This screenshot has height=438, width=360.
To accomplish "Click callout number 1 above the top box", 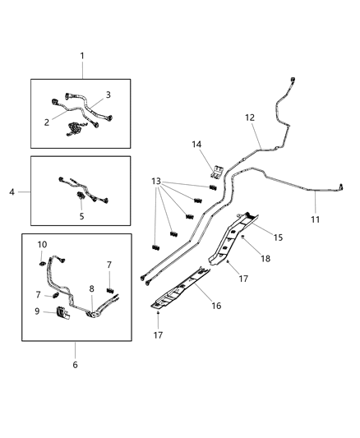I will pyautogui.click(x=81, y=55).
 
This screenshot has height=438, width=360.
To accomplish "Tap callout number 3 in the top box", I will pyautogui.click(x=107, y=95).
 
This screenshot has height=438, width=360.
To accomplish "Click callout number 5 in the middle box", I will pyautogui.click(x=81, y=216).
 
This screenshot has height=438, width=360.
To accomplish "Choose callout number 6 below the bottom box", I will pyautogui.click(x=75, y=364).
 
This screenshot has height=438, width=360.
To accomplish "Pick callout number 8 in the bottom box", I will pyautogui.click(x=91, y=289).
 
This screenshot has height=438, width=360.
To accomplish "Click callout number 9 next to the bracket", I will pyautogui.click(x=37, y=311).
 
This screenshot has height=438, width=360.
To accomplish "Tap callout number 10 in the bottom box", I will pyautogui.click(x=42, y=244).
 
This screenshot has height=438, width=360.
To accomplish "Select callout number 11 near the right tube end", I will pyautogui.click(x=316, y=219).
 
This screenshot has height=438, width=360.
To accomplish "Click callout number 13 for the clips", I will pyautogui.click(x=156, y=182).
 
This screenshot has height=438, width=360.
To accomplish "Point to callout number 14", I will pyautogui.click(x=196, y=145).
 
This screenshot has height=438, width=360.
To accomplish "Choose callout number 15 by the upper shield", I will pyautogui.click(x=278, y=237).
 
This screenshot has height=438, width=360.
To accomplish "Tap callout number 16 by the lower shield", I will pyautogui.click(x=216, y=305).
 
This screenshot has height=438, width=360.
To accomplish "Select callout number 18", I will pyautogui.click(x=265, y=257).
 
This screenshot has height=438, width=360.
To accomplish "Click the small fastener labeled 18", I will pyautogui.click(x=243, y=236).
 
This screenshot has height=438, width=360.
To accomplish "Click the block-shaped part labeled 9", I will pyautogui.click(x=62, y=311).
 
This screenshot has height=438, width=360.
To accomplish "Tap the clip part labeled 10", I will pyautogui.click(x=42, y=262).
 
